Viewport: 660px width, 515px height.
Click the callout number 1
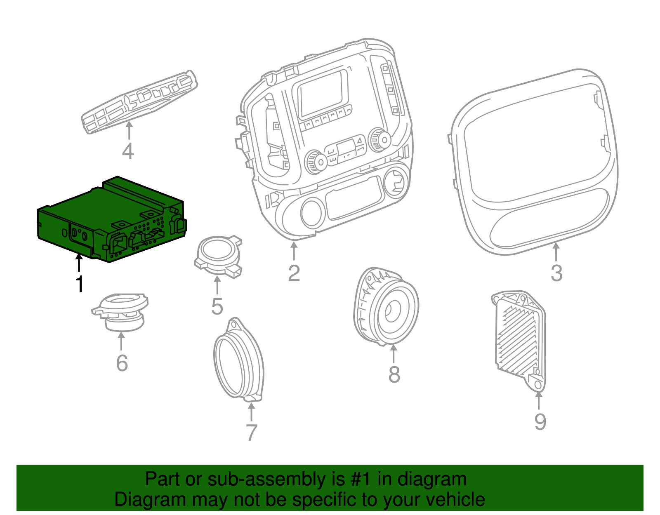(80, 284)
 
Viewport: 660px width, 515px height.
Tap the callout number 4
(128, 151)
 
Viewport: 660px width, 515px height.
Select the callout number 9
(540, 421)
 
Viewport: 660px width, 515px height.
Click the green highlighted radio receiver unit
(111, 219)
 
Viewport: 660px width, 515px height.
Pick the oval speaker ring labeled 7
(238, 361)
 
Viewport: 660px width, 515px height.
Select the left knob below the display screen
(316, 162)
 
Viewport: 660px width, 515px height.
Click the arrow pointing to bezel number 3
(556, 251)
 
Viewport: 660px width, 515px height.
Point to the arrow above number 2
(294, 251)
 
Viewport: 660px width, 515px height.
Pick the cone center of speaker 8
(392, 310)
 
